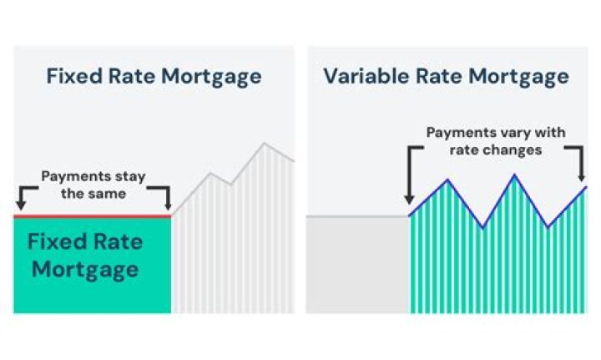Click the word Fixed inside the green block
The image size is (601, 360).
(55, 243)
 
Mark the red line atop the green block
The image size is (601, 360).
(92, 215)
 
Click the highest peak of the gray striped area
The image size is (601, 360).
(265, 144)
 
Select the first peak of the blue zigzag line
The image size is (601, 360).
(448, 180)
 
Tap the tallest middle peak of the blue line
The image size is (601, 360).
(514, 175)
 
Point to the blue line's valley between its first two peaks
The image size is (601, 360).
(482, 226)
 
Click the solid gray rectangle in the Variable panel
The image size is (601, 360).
(357, 264)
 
